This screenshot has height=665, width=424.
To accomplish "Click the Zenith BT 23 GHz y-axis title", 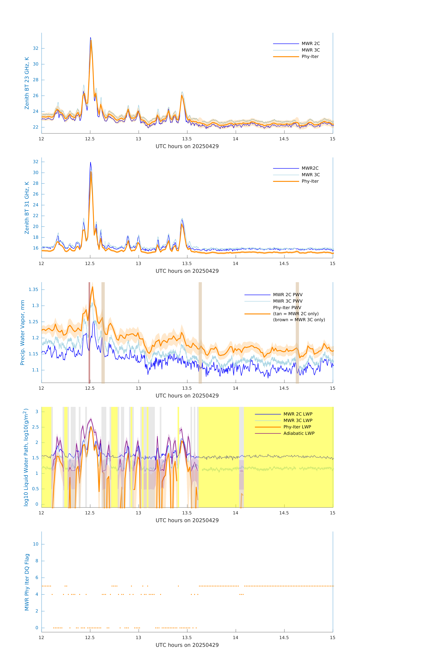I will click(x=27, y=83).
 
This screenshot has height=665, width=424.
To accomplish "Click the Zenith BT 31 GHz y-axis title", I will click(x=27, y=208).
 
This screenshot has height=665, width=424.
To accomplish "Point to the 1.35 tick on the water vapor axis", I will click(x=33, y=289).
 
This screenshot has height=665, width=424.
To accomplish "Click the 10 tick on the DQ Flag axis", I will click(x=36, y=544).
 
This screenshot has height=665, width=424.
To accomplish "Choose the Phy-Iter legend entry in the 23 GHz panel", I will click(x=310, y=57).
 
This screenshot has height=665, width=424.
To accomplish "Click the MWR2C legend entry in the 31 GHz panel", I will click(x=310, y=168).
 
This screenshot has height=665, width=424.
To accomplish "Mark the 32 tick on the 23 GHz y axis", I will click(x=36, y=48).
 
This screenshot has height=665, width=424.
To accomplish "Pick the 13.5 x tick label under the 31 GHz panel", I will click(x=187, y=263).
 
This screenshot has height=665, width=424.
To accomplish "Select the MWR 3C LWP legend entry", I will click(x=298, y=420).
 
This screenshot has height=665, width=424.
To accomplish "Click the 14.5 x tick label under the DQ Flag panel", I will click(x=284, y=637).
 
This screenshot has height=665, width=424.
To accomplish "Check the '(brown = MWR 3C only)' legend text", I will click(x=299, y=320).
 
